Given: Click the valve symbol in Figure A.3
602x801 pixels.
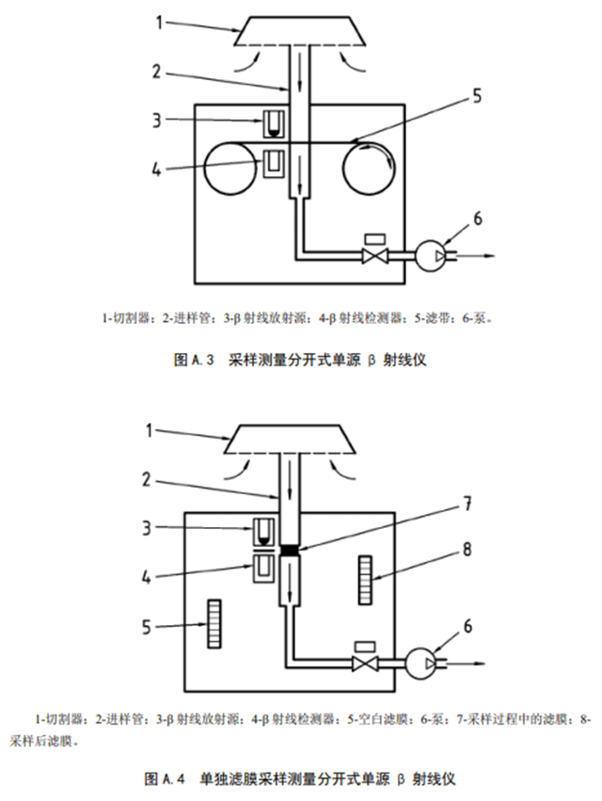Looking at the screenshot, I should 375,255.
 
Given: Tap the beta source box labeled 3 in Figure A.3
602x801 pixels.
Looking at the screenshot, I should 275,122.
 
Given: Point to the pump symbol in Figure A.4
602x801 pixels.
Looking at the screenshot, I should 418,664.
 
